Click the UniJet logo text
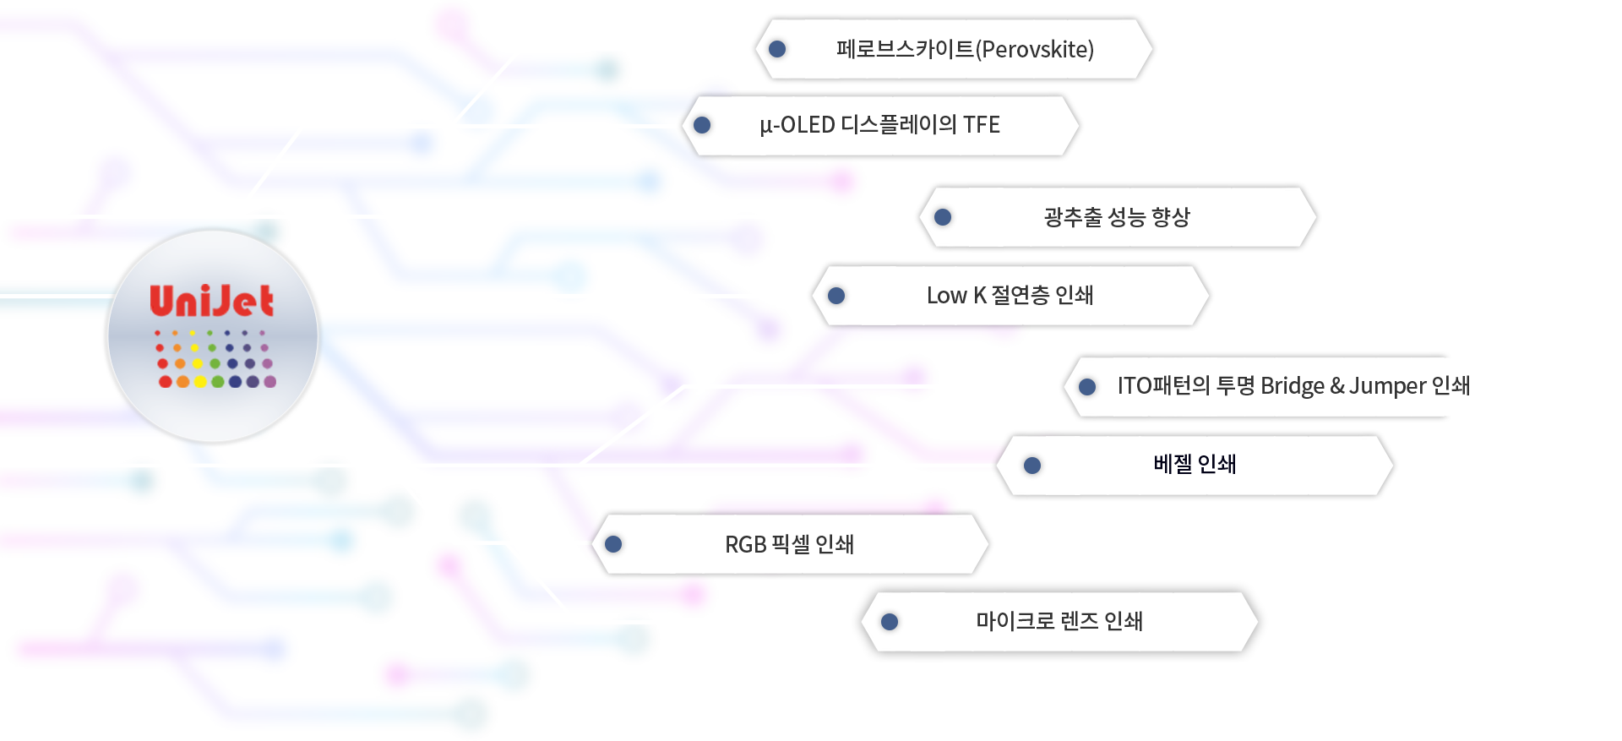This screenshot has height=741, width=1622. (x=211, y=302)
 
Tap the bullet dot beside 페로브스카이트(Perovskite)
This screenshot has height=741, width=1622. (x=777, y=49)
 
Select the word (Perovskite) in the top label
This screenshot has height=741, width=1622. (x=1035, y=50)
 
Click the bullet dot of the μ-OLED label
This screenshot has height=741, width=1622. (x=701, y=125)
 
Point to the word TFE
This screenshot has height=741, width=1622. (x=982, y=125)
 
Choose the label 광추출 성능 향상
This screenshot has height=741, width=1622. (x=1116, y=217)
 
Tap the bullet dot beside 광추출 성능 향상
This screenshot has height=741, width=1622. (x=943, y=217)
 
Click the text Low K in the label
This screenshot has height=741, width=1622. (x=956, y=296)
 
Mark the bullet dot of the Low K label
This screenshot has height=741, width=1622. (x=836, y=296)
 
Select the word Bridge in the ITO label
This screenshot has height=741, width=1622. (x=1293, y=386)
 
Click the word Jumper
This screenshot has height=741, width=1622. (x=1387, y=386)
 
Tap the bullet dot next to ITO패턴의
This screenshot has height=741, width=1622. (x=1087, y=386)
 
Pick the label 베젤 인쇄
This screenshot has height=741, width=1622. (x=1195, y=464)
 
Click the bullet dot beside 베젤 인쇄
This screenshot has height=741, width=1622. (x=1031, y=465)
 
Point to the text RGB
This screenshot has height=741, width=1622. (x=745, y=544)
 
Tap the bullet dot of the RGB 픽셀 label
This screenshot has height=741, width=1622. (x=613, y=544)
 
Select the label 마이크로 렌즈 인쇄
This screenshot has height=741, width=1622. (x=1059, y=621)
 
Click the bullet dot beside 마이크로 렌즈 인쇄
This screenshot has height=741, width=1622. (x=889, y=622)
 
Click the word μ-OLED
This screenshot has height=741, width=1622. (x=797, y=125)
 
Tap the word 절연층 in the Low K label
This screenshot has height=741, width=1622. (x=1021, y=296)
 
